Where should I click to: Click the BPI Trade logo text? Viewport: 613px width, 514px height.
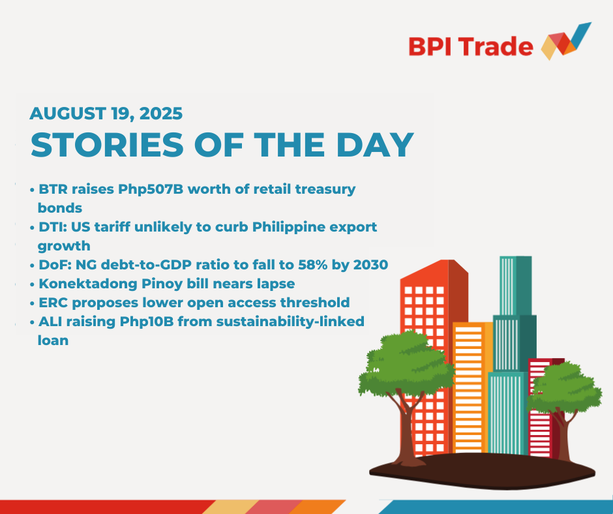pos(471,46)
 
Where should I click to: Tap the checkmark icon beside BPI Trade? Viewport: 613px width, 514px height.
pos(566,41)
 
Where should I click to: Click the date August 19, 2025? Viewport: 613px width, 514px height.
pos(106,114)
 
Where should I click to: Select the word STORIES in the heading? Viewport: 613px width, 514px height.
pos(107,145)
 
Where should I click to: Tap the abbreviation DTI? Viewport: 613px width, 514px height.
pos(52,227)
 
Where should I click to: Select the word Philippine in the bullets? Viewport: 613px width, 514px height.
pos(288,227)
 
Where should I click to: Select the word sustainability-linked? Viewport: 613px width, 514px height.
pos(290,322)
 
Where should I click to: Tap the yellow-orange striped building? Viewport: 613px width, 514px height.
pos(472,387)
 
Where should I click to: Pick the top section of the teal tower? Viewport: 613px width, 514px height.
pos(516,286)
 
